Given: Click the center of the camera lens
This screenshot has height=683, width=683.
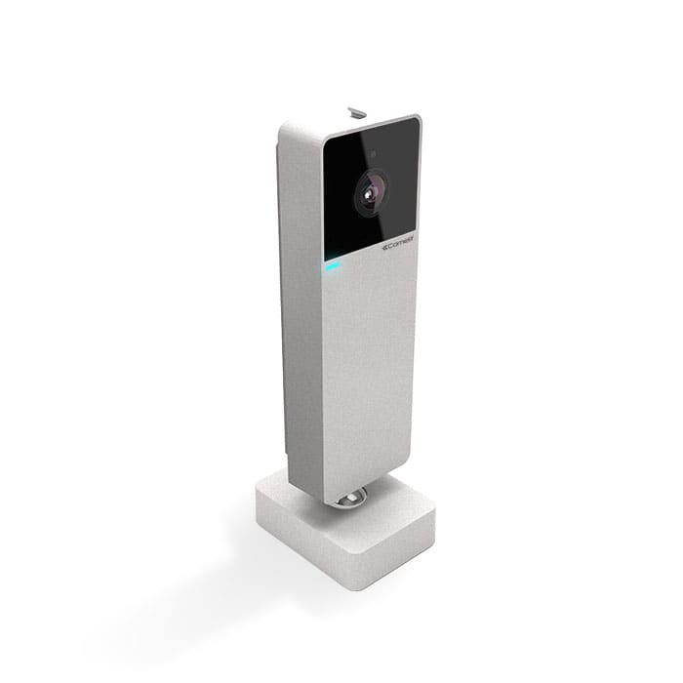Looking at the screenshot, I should click(x=369, y=193).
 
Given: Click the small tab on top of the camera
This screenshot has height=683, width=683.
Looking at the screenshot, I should click(x=357, y=112).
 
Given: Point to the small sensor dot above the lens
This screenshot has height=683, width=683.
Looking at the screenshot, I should click(x=373, y=155).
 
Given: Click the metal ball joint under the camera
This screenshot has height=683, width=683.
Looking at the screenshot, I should click(x=352, y=498).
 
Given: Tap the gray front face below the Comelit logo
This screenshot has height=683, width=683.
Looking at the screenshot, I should click(x=369, y=371).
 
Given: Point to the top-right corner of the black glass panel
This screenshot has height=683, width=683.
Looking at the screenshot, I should click(x=417, y=121).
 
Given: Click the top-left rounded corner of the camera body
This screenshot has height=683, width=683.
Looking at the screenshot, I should click(x=285, y=128).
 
